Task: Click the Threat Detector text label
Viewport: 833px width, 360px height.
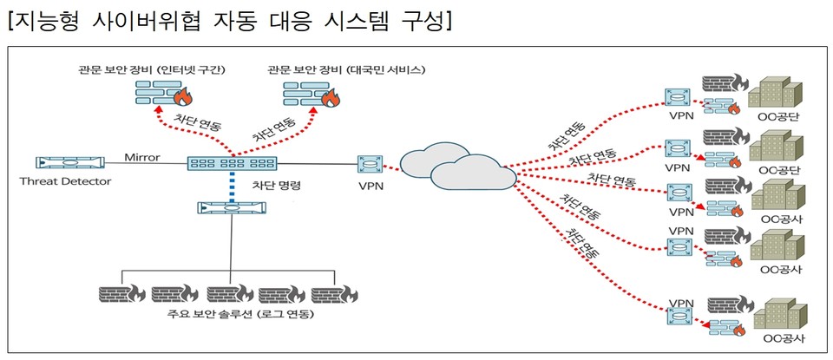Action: coord(67,180)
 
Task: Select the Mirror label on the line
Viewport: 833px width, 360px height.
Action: coord(143,156)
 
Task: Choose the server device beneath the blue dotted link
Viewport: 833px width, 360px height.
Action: coord(230,208)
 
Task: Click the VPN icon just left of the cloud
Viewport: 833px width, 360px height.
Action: coord(371,163)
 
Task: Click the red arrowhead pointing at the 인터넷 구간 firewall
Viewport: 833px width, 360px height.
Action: coord(157,109)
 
